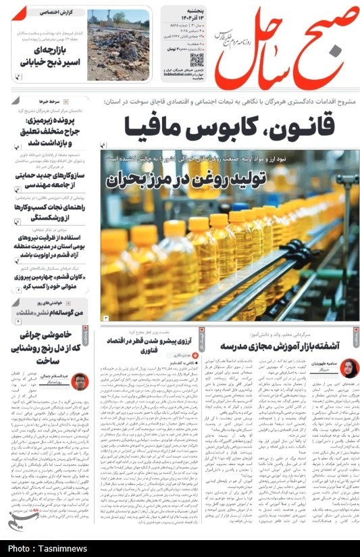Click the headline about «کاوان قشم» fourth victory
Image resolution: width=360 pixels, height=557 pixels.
[x=51, y=284]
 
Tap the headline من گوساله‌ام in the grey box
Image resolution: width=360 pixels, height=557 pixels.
[x=51, y=313]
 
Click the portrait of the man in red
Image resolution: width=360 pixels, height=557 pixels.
[x=79, y=382]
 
